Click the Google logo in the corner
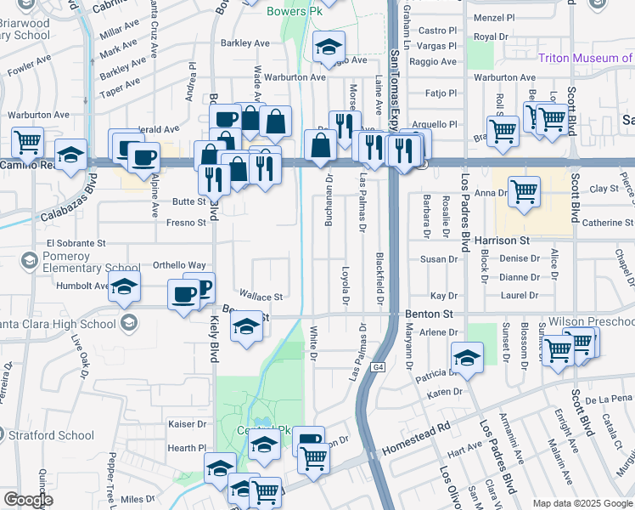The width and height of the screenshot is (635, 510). click(28, 500)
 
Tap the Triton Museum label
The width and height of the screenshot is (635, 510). click(586, 58)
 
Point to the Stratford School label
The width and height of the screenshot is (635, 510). click(53, 436)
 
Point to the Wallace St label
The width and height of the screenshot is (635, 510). click(261, 297)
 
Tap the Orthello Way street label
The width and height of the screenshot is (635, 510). click(179, 265)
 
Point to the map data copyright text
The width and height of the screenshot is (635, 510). click(582, 503)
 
